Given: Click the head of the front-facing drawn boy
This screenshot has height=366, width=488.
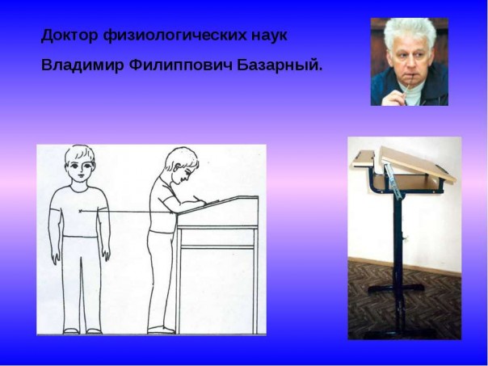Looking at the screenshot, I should click(79, 162).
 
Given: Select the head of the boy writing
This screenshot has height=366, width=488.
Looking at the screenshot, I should click(183, 165).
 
